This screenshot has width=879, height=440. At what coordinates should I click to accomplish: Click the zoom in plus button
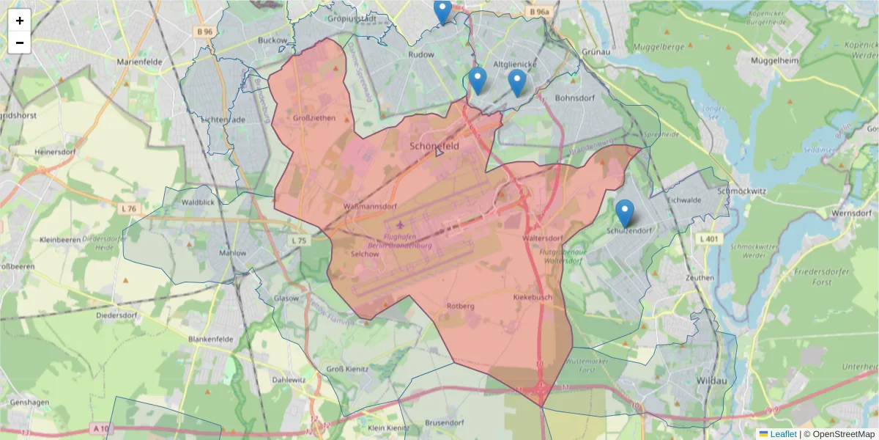pos(20,21)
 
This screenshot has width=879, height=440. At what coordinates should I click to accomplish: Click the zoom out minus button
pos(20,43)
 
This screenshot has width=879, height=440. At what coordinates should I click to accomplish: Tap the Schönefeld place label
pos(434,146)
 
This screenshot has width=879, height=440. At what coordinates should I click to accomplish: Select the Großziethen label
pos(314,117)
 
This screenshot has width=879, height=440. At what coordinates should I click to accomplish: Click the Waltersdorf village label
pos(543,239)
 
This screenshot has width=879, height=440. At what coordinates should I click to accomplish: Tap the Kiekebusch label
pos(533,298)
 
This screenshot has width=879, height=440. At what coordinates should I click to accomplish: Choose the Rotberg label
pos(461,306)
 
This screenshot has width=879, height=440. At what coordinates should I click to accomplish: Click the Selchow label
pos(366,254)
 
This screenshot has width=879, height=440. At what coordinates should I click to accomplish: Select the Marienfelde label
pos(138,62)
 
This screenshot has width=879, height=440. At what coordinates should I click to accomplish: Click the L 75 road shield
pos(299,241)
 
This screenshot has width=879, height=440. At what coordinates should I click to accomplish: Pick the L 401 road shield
pos(708,239)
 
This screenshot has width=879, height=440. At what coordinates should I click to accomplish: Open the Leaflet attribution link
pos(782,434)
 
